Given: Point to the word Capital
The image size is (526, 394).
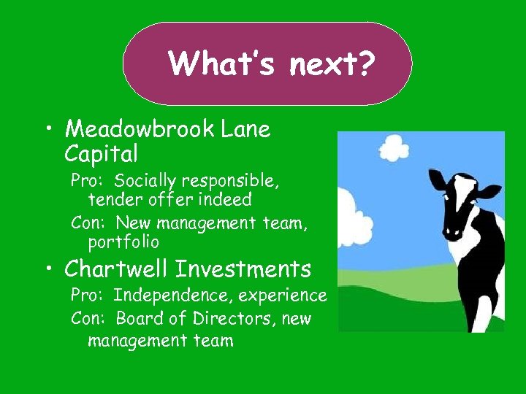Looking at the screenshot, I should pyautogui.click(x=102, y=154).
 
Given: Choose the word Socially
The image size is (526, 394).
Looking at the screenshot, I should pyautogui.click(x=145, y=180).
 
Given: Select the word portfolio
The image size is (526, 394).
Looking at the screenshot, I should pyautogui.click(x=123, y=241).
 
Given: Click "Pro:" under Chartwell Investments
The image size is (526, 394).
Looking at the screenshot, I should pyautogui.click(x=88, y=295).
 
